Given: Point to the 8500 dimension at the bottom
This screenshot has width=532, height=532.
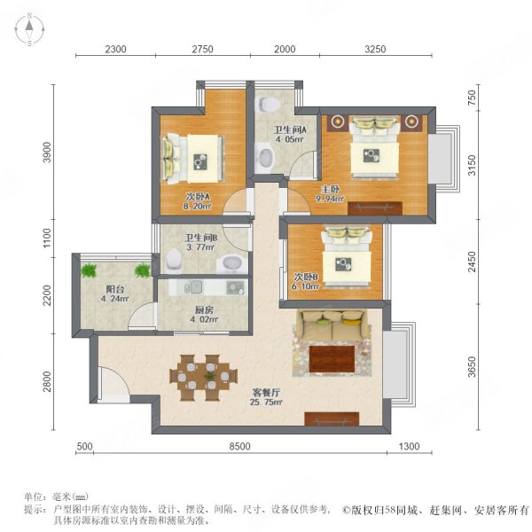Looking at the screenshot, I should click(x=239, y=447).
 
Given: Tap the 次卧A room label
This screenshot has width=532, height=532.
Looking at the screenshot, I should click(x=173, y=197).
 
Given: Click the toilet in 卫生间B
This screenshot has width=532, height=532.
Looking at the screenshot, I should click(x=174, y=260).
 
